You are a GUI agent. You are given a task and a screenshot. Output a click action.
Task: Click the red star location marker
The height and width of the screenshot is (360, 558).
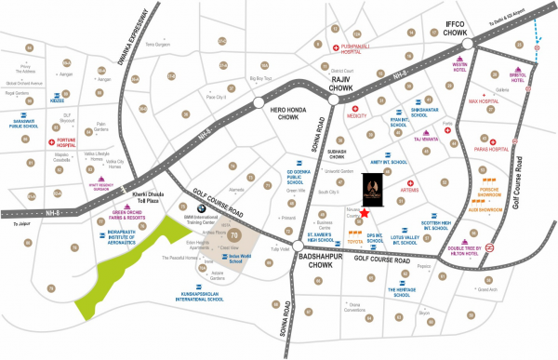377,213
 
